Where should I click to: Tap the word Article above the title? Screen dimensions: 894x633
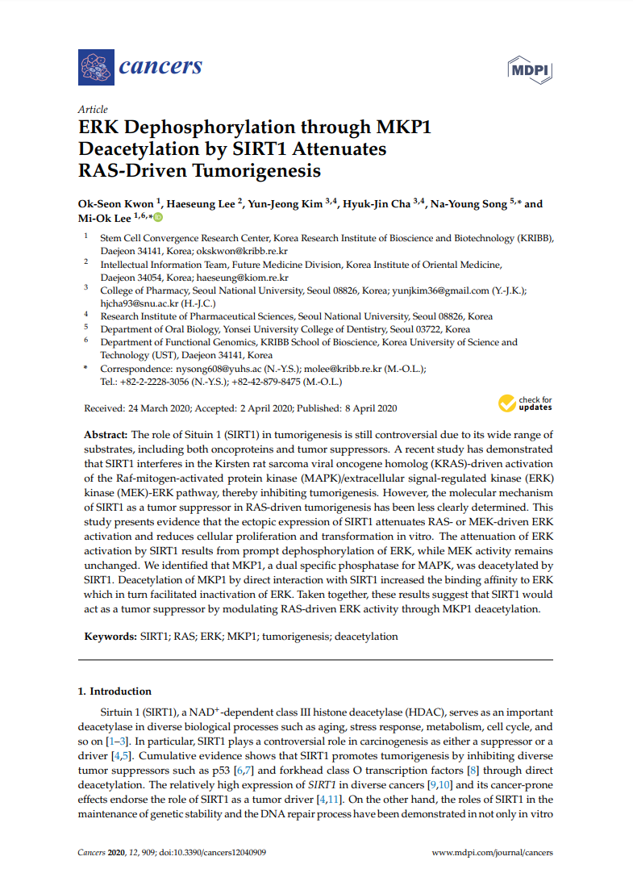(x=93, y=110)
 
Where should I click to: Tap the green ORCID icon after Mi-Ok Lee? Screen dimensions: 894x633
(x=158, y=218)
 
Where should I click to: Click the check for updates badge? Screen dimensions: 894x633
(x=525, y=403)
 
